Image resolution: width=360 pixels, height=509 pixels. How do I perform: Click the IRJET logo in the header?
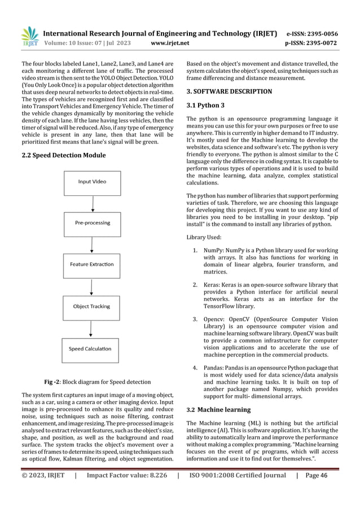(x=29, y=36)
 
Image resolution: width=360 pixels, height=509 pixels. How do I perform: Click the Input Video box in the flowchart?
(x=92, y=182)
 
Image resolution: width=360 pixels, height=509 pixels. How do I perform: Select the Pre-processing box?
(x=92, y=223)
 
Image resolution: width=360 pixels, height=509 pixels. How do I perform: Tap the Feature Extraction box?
(x=92, y=264)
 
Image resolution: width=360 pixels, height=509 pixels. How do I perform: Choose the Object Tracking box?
(x=92, y=306)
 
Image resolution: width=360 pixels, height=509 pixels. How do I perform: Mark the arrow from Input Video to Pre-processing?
(x=92, y=202)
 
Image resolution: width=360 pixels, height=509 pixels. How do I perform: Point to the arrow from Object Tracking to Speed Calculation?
(x=92, y=328)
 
